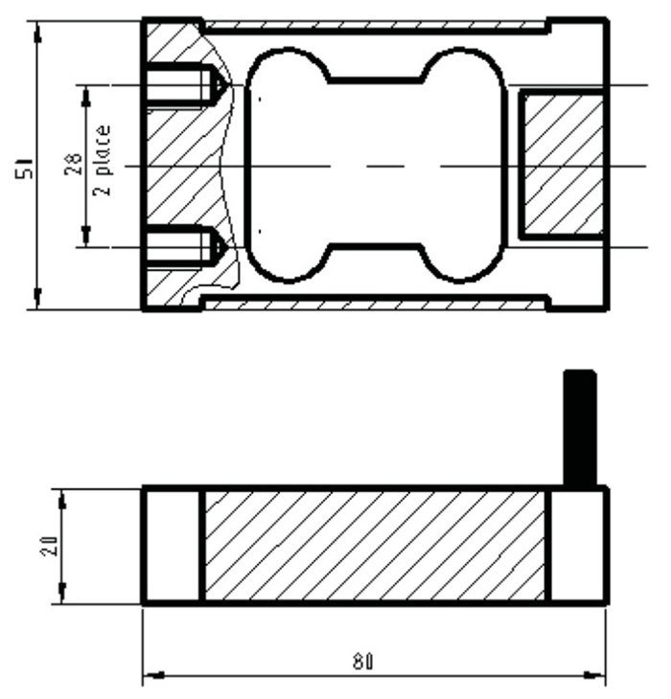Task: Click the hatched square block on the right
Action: click(x=561, y=163)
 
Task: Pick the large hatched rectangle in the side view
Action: click(x=374, y=546)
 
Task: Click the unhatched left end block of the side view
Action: click(x=173, y=546)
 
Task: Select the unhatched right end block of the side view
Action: click(x=577, y=546)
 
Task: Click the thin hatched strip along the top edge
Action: click(x=374, y=25)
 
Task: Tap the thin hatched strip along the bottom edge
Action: click(x=374, y=304)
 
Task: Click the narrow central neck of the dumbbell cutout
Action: click(x=375, y=165)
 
